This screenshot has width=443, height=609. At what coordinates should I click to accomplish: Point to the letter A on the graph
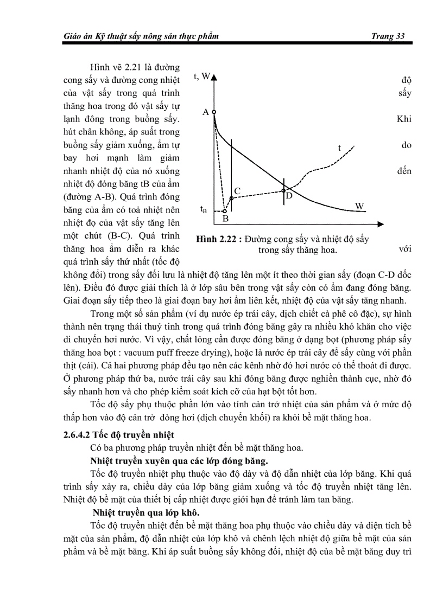pos(206,112)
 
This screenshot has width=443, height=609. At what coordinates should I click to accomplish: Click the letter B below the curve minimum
pos(225,219)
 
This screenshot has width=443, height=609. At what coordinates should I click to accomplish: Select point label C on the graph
pos(237,191)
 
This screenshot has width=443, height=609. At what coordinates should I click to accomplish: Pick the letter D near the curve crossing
pos(289,196)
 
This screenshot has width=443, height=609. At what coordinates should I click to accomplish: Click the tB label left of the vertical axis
pos(203,209)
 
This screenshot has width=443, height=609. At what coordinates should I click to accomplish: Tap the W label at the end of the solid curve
pos(359,206)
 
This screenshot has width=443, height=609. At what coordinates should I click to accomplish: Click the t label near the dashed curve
pos(339,148)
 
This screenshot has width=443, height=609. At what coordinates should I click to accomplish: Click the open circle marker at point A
pos(214,112)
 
